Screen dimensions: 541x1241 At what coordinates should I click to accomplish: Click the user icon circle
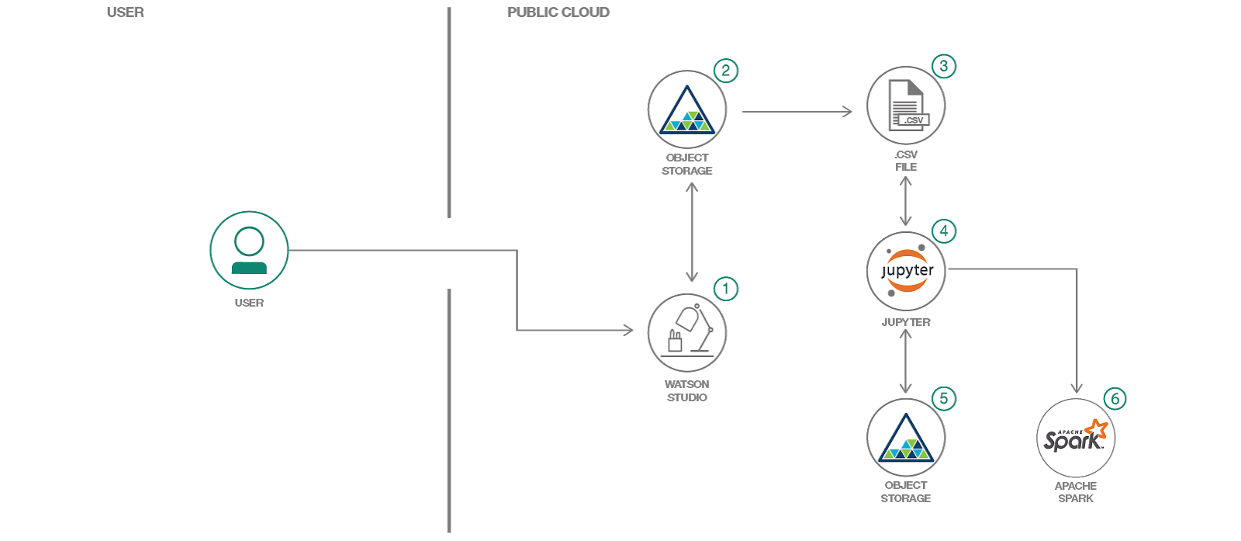point(249,250)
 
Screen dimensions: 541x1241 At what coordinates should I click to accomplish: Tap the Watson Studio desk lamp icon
point(687,333)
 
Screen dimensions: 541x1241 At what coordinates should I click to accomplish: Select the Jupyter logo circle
point(906,271)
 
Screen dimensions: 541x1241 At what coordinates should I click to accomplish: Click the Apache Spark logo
point(1076,438)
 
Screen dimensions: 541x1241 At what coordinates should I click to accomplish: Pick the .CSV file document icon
point(906,106)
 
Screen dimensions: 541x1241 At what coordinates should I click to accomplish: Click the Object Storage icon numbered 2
point(687,109)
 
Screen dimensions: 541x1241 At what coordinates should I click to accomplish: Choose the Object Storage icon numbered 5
point(906,438)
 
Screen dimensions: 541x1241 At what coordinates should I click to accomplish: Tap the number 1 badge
point(725,289)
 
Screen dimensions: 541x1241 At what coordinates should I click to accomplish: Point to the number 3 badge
point(943,66)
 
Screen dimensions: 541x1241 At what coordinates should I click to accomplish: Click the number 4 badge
point(943,231)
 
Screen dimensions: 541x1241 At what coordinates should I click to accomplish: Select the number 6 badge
point(1115,398)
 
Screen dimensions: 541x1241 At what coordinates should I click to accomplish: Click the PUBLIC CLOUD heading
point(558,12)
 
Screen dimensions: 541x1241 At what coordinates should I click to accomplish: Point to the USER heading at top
point(125,12)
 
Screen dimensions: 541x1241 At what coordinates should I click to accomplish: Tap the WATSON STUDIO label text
point(687,390)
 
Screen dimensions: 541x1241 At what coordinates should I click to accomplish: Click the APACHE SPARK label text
point(1076,492)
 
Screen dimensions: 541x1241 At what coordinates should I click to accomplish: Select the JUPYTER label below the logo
point(906,322)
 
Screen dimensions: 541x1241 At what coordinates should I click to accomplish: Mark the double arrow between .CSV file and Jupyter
point(905,200)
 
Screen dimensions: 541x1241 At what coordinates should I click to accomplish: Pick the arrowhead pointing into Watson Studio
point(627,331)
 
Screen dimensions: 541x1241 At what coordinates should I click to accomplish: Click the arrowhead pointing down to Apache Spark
point(1077,387)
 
